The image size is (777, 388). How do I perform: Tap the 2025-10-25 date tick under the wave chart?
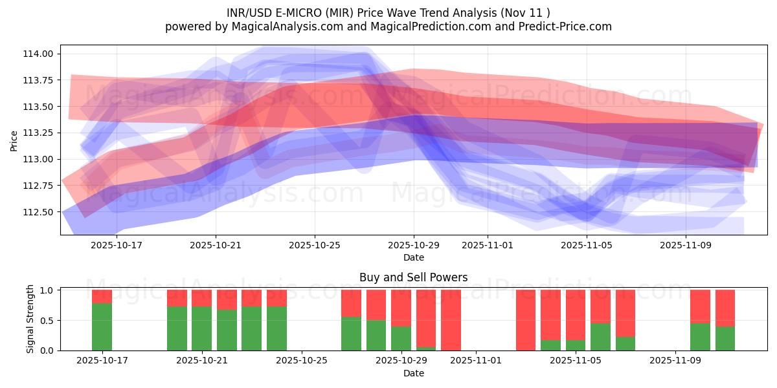(x=315, y=246)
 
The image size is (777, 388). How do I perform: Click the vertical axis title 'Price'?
(x=14, y=141)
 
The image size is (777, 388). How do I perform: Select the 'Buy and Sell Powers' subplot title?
(x=414, y=277)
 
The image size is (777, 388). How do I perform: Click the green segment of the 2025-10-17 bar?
(x=102, y=327)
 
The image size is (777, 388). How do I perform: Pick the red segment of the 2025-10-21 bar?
(x=202, y=298)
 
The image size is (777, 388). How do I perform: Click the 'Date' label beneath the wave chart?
(x=414, y=257)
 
